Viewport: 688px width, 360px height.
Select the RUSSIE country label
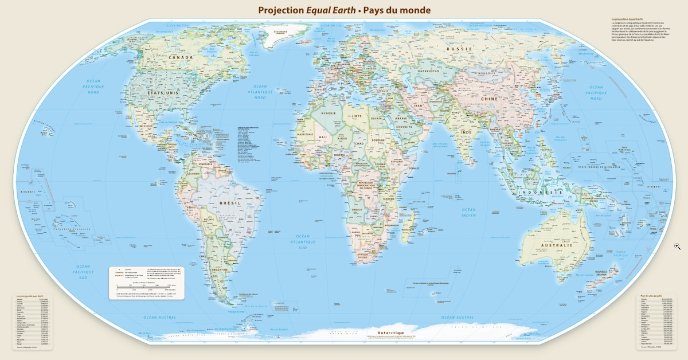pyautogui.click(x=459, y=49)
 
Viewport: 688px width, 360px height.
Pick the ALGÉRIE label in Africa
pyautogui.click(x=328, y=114)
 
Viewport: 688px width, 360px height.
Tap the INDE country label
pyautogui.click(x=467, y=132)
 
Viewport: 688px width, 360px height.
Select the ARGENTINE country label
pyautogui.click(x=220, y=269)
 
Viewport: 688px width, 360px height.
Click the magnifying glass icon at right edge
pyautogui.click(x=677, y=246)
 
